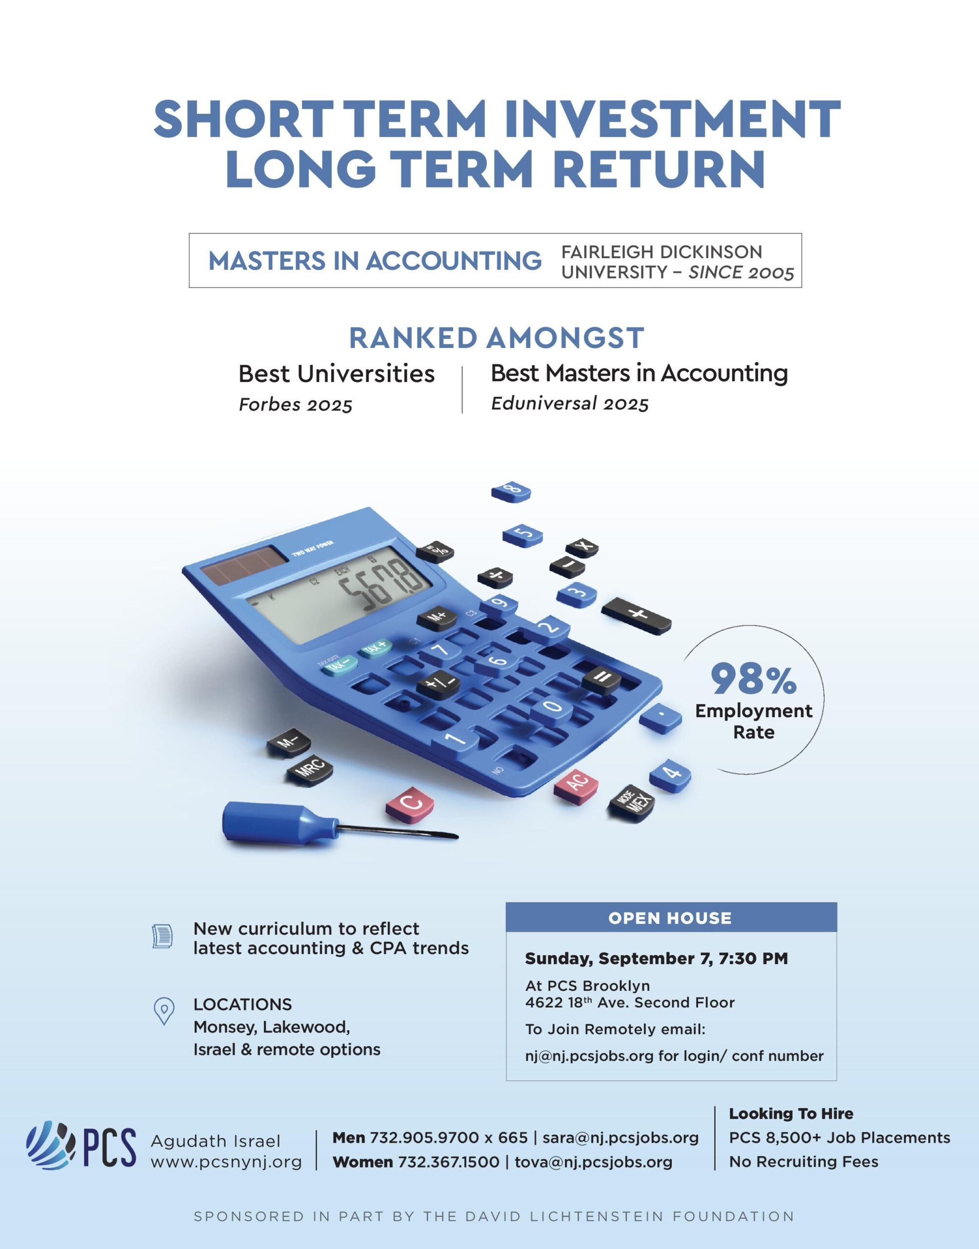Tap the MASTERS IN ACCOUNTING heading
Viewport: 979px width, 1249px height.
pyautogui.click(x=375, y=261)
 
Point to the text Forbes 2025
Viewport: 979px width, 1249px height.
pyautogui.click(x=295, y=404)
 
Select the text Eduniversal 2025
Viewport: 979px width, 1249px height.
pyautogui.click(x=570, y=403)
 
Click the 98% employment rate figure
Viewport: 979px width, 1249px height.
pyautogui.click(x=754, y=679)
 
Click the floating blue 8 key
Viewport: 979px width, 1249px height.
pyautogui.click(x=511, y=492)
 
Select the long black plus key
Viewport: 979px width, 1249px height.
pyautogui.click(x=636, y=616)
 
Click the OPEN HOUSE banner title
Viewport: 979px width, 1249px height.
pyautogui.click(x=670, y=918)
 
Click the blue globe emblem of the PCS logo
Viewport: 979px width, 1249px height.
pyautogui.click(x=50, y=1145)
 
